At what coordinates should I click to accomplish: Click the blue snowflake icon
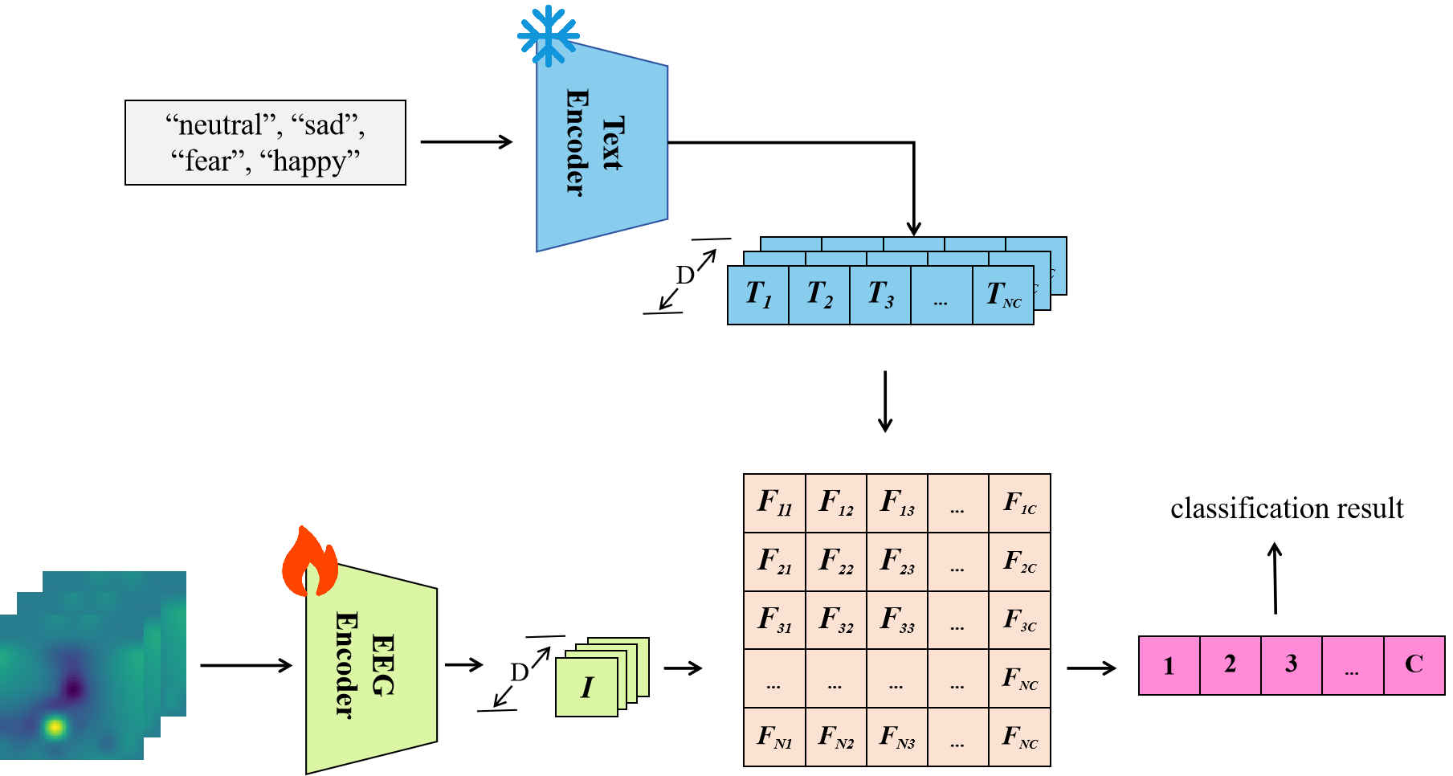click(x=548, y=35)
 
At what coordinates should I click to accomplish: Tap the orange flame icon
click(x=309, y=563)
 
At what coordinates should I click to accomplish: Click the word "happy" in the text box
click(x=309, y=161)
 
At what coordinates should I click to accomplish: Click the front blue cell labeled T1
click(x=758, y=295)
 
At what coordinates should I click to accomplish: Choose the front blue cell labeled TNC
click(x=1002, y=295)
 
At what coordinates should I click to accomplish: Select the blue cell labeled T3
click(x=880, y=295)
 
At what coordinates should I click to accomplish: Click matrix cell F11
click(x=774, y=504)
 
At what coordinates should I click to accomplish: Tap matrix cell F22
click(x=835, y=562)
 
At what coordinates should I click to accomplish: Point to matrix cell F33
click(x=897, y=620)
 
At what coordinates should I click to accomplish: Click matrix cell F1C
click(x=1019, y=504)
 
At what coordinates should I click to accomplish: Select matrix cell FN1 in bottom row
click(x=774, y=737)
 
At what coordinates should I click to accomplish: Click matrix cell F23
click(x=897, y=562)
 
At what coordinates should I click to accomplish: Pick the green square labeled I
click(x=587, y=687)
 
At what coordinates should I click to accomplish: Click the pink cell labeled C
click(x=1414, y=665)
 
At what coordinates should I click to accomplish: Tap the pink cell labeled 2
click(x=1230, y=665)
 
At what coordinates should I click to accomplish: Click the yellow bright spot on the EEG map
click(x=55, y=728)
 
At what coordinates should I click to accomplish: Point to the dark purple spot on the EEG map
click(x=74, y=688)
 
